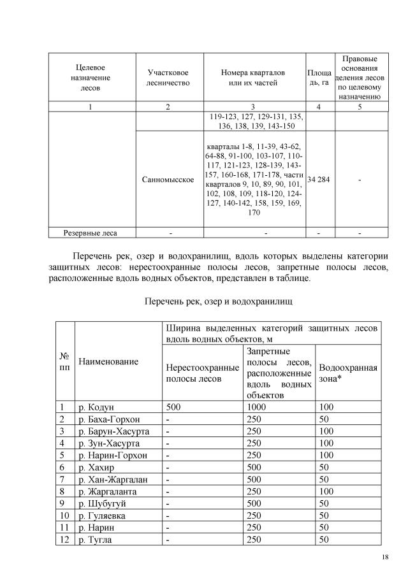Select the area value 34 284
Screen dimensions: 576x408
click(317, 180)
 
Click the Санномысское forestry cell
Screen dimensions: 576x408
click(168, 180)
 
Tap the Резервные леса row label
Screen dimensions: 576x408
click(91, 233)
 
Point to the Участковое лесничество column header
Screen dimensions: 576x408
click(168, 78)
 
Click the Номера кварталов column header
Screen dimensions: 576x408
click(252, 78)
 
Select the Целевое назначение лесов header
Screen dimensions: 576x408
click(91, 78)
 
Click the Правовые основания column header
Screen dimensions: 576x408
click(360, 78)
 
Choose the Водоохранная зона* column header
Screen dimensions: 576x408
click(347, 373)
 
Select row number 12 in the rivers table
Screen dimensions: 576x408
click(64, 540)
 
